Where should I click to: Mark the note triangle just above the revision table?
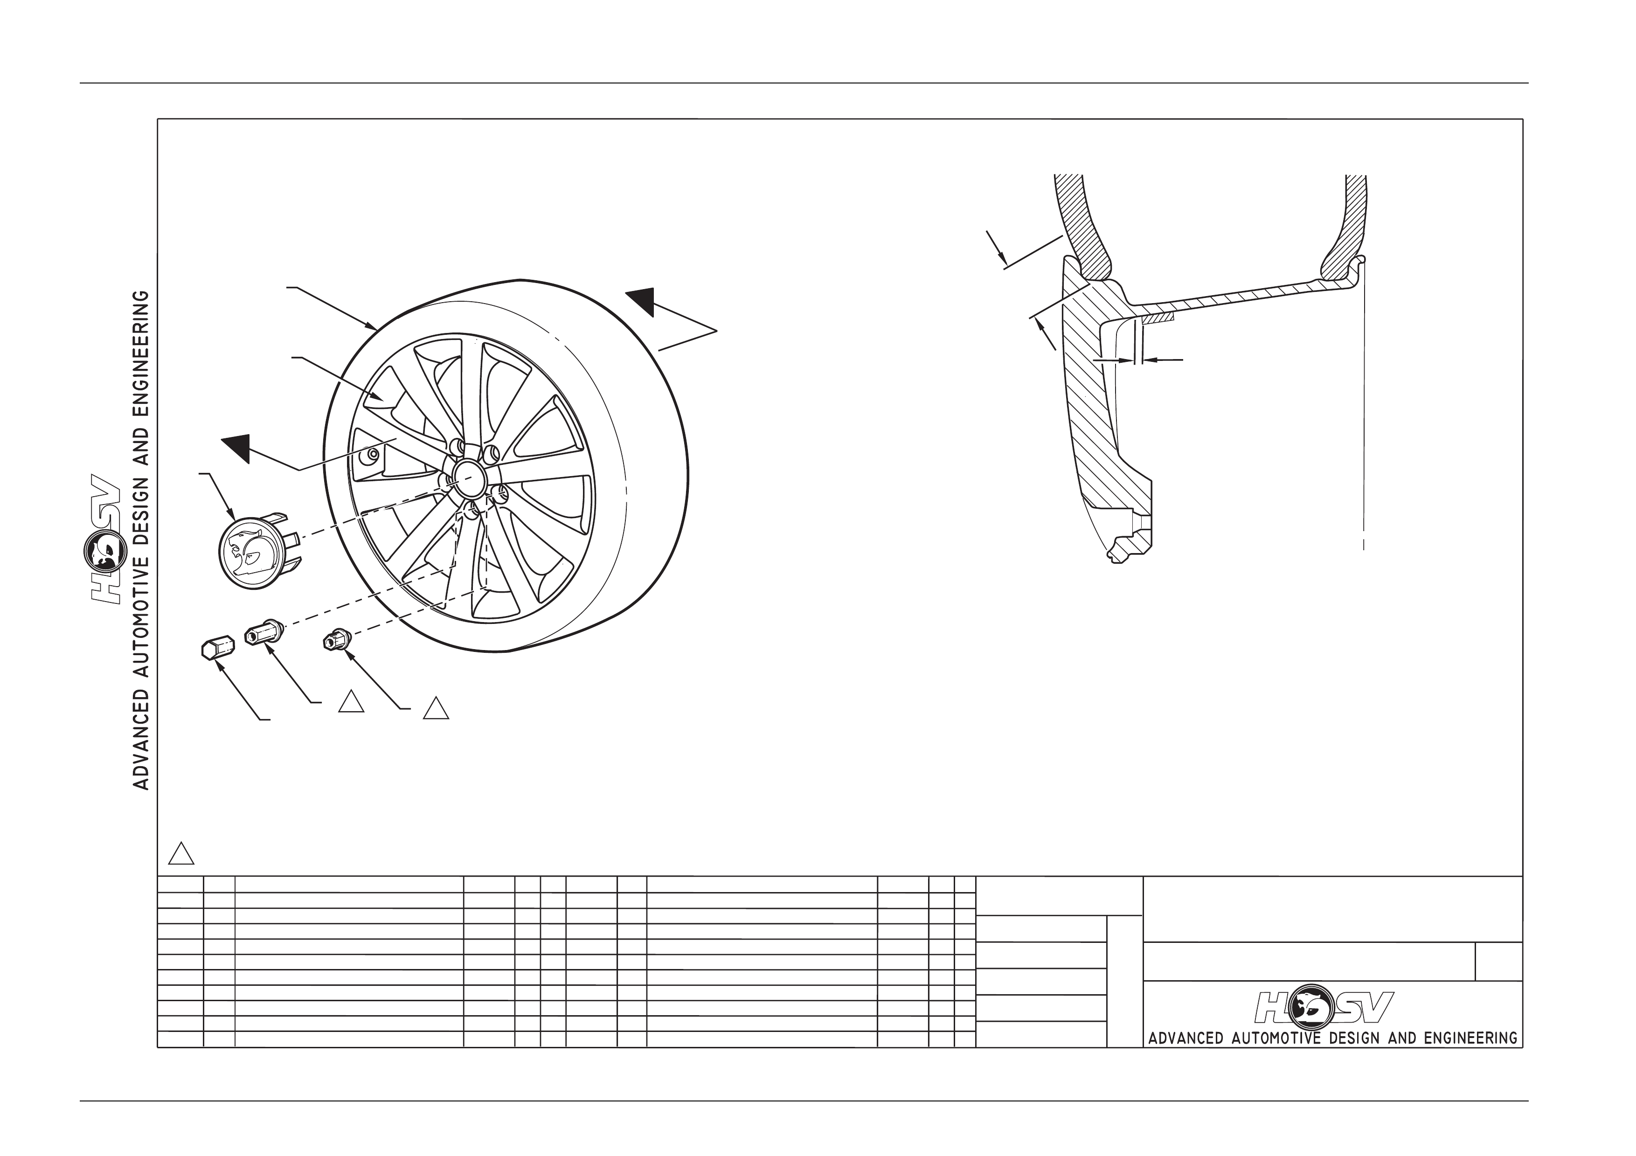(181, 853)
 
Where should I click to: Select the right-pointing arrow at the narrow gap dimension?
(1114, 360)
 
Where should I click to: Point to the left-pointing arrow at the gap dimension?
(1163, 360)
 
